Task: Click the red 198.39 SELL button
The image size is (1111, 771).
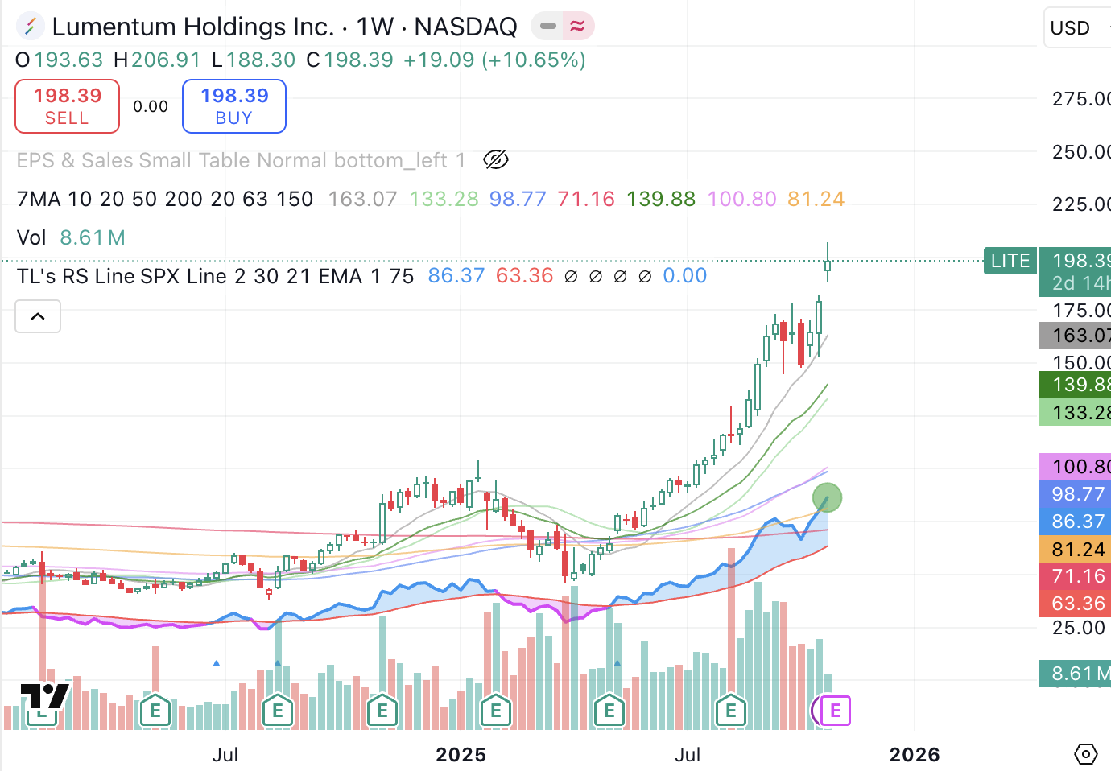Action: pos(67,106)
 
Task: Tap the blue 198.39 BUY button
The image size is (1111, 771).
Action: pos(234,106)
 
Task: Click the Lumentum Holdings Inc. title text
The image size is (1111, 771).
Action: pos(192,27)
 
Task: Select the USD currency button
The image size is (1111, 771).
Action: pos(1071,28)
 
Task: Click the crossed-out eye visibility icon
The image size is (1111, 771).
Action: pos(496,160)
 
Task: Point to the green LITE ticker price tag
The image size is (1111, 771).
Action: pos(1010,261)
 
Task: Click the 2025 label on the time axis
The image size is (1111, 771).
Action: pos(461,755)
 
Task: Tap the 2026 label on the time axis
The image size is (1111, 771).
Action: pos(915,755)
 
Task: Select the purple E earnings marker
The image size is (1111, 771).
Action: pos(835,711)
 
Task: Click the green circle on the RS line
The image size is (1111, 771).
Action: pos(827,497)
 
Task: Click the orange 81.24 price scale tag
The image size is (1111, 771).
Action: pos(1077,549)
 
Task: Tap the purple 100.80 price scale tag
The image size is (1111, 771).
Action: pos(1077,467)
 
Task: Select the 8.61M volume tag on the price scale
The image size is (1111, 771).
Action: pos(1077,674)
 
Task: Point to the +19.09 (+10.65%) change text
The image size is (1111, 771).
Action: pos(494,60)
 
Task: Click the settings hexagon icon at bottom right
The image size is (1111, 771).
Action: pos(1086,754)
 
